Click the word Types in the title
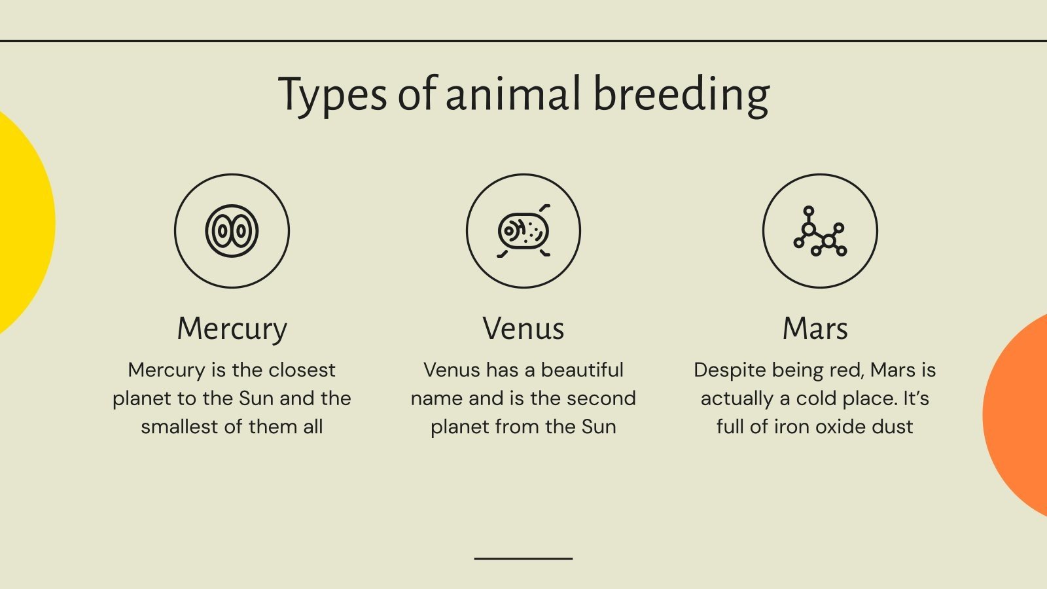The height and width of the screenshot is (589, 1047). [x=332, y=95]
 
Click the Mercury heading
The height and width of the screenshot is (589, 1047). [x=232, y=329]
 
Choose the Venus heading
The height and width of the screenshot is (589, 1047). [x=523, y=329]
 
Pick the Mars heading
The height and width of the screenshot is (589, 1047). [x=815, y=329]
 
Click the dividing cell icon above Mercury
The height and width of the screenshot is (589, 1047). [x=232, y=231]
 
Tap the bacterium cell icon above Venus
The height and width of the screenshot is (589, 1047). [x=523, y=231]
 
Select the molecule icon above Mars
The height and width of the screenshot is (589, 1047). [x=820, y=231]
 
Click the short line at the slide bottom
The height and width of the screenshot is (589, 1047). [x=523, y=558]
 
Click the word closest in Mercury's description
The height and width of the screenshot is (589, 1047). [x=302, y=370]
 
